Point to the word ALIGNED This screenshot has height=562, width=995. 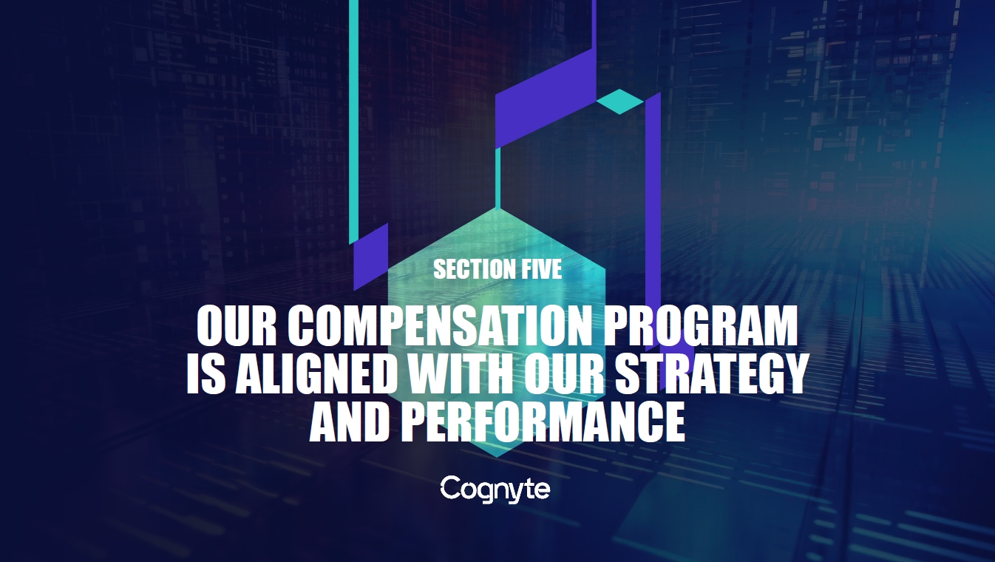(x=316, y=373)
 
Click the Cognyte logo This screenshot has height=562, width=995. (x=495, y=490)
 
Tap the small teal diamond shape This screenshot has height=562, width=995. (x=619, y=101)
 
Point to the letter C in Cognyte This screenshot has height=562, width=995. (x=449, y=487)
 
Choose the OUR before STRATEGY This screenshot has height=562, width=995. (x=564, y=373)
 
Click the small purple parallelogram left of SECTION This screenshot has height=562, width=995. (x=371, y=257)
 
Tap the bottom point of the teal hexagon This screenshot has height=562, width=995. (x=497, y=457)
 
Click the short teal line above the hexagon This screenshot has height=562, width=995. (x=497, y=177)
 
